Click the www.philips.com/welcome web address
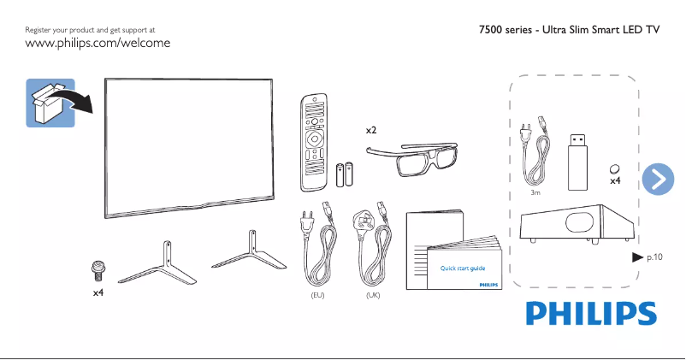pos(98,43)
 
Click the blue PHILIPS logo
pos(591,313)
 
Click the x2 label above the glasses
pos(371,130)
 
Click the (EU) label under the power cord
pos(317,295)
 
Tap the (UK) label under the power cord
pos(372,295)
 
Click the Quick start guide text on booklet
pos(463,269)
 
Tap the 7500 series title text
pos(570,30)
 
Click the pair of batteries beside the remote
pos(344,175)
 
